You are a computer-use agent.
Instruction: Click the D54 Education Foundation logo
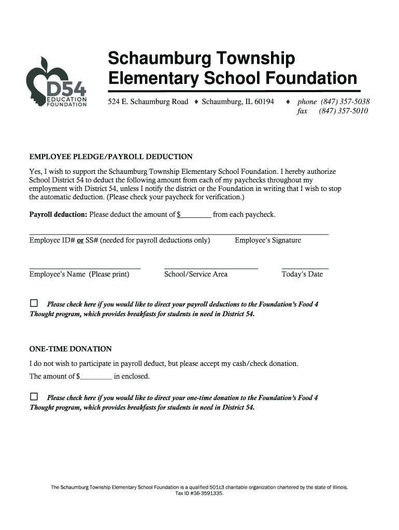[56, 83]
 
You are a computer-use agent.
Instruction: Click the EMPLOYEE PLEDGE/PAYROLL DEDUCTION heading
[111, 157]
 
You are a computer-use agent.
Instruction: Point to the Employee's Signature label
[267, 240]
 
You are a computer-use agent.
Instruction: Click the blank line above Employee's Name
[85, 268]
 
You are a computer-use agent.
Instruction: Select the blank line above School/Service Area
[211, 268]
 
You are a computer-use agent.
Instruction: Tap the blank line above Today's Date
[305, 268]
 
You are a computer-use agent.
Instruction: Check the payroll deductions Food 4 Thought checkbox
[34, 303]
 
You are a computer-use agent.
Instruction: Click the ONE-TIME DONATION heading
[70, 349]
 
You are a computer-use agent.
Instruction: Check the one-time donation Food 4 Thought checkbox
[34, 397]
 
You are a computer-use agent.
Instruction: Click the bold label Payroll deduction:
[59, 215]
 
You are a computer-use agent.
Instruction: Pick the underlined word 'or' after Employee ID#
[81, 240]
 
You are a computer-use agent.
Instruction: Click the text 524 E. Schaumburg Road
[148, 101]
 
